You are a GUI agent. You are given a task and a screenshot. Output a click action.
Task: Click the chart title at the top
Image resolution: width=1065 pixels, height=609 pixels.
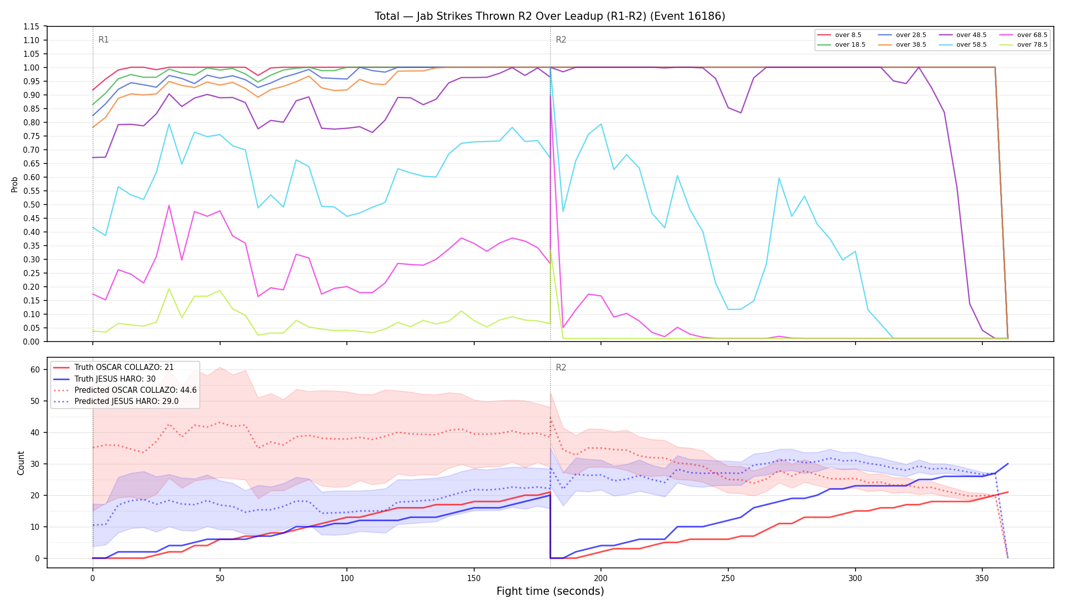coord(550,16)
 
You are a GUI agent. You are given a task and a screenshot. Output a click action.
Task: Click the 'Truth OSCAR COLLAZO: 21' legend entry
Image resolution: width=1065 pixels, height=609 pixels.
coord(124,367)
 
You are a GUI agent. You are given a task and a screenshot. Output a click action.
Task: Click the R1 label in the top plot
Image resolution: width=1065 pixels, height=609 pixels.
coord(103,40)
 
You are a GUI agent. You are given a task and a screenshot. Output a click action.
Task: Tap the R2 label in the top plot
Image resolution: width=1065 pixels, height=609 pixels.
coord(561,40)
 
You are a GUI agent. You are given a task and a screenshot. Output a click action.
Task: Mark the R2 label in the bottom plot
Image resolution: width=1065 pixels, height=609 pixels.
coord(561,367)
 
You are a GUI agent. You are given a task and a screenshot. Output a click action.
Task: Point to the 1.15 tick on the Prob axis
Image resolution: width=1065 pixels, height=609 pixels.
coord(31,26)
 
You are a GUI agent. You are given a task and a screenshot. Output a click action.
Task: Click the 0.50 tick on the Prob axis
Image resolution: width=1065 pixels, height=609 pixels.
coord(31,205)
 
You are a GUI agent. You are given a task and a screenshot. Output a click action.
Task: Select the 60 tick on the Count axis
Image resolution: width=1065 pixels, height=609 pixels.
coord(35,369)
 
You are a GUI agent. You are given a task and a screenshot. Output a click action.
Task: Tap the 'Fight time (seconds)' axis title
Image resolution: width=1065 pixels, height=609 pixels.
coord(550,591)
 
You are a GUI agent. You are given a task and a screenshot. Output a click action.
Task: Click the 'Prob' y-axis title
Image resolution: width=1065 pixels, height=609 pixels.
coord(15,184)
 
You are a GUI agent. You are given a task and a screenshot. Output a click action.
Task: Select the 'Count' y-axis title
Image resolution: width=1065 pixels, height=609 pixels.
coord(21,463)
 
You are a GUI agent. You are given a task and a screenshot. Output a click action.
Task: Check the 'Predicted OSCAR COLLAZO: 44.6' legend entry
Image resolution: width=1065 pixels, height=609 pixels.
coord(135,390)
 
